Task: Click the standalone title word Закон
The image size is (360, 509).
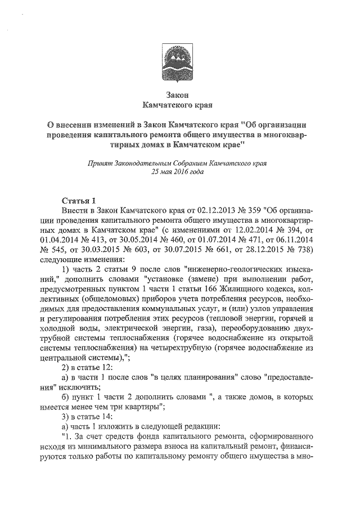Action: coord(180,94)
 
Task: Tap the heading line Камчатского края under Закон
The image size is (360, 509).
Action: coord(180,105)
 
